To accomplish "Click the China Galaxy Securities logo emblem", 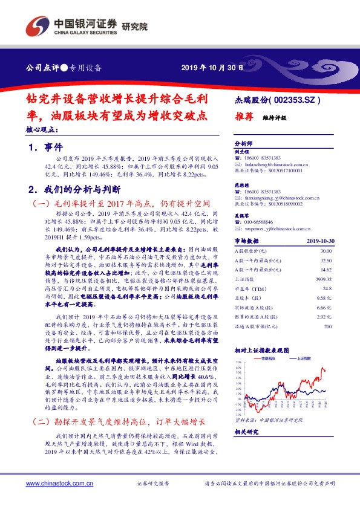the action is coord(36,26).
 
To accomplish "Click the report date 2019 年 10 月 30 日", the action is coord(213,67).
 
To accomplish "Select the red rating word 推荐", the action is coord(243,118).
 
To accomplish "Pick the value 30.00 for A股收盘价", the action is coord(326,250).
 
